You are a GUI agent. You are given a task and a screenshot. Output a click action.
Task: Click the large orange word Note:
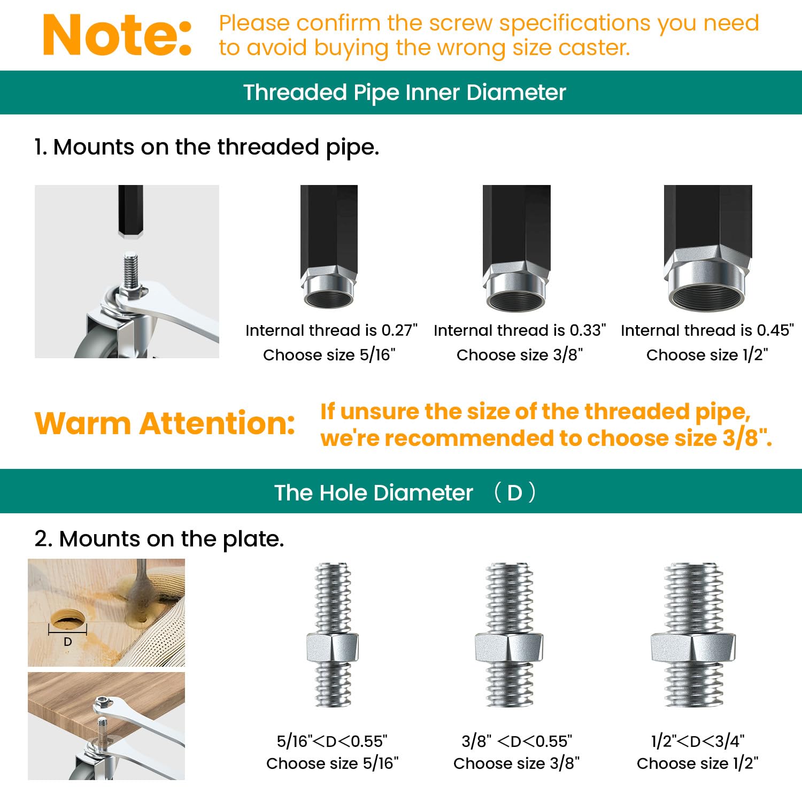[x=117, y=35]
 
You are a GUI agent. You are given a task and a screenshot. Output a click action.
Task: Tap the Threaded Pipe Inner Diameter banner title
[x=405, y=92]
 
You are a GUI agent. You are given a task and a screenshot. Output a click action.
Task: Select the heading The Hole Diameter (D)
[x=405, y=492]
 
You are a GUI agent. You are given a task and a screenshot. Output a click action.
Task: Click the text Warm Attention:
[x=165, y=423]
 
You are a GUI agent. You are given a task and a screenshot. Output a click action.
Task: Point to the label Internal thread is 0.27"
[x=331, y=330]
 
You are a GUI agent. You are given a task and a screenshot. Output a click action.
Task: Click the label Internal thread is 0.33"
[x=520, y=330]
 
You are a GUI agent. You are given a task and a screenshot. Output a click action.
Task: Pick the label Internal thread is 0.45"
[x=707, y=330]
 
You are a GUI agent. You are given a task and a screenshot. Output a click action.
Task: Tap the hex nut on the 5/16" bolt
[x=333, y=647]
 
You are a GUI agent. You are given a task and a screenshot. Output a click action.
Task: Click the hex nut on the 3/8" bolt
[x=509, y=647]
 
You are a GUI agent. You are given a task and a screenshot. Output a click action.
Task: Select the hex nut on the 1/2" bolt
[x=693, y=647]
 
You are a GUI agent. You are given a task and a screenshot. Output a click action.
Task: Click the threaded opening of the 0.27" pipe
[x=328, y=297]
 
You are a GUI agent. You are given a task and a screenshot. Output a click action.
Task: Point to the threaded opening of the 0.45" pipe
[x=707, y=296]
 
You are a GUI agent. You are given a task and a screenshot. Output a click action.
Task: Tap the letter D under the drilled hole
[x=68, y=642]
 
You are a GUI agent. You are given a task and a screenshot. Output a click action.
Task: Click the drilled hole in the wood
[x=67, y=622]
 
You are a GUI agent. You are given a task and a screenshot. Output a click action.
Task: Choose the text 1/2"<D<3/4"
[x=698, y=741]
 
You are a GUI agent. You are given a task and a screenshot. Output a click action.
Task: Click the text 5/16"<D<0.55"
[x=332, y=741]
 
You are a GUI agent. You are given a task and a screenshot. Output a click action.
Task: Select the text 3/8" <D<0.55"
[x=516, y=741]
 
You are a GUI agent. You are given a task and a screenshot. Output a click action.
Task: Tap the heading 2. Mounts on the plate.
[x=159, y=539]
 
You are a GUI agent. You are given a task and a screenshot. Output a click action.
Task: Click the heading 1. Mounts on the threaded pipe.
[x=206, y=147]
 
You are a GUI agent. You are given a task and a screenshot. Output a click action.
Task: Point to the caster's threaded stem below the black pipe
[x=130, y=271]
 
